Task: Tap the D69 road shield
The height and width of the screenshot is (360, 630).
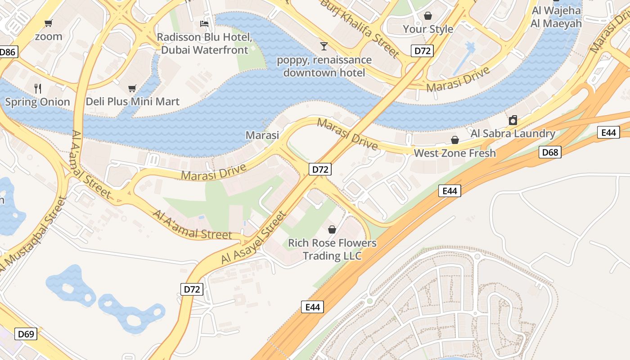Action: point(26,334)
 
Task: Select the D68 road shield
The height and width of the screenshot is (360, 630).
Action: point(550,152)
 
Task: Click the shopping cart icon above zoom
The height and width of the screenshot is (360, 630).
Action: point(48,23)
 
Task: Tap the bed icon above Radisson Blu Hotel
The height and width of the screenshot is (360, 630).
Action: point(204,23)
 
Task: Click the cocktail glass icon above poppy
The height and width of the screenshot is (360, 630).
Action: point(324,46)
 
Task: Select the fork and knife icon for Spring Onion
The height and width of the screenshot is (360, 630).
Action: point(38,88)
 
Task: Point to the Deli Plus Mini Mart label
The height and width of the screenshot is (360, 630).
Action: point(132,102)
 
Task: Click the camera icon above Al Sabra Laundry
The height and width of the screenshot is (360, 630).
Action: point(513,120)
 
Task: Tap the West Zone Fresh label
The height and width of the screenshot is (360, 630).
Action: point(454,153)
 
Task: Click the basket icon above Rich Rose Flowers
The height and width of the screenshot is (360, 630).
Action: point(332,229)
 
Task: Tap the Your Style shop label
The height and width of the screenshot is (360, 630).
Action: point(427,29)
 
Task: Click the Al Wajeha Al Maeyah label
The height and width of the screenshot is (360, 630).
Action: point(556,17)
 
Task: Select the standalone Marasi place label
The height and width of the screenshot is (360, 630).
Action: point(262,135)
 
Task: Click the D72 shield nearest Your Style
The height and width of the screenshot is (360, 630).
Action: point(422,51)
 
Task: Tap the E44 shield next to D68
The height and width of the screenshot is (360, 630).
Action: point(608,132)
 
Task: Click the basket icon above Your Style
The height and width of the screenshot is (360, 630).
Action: point(427,16)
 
